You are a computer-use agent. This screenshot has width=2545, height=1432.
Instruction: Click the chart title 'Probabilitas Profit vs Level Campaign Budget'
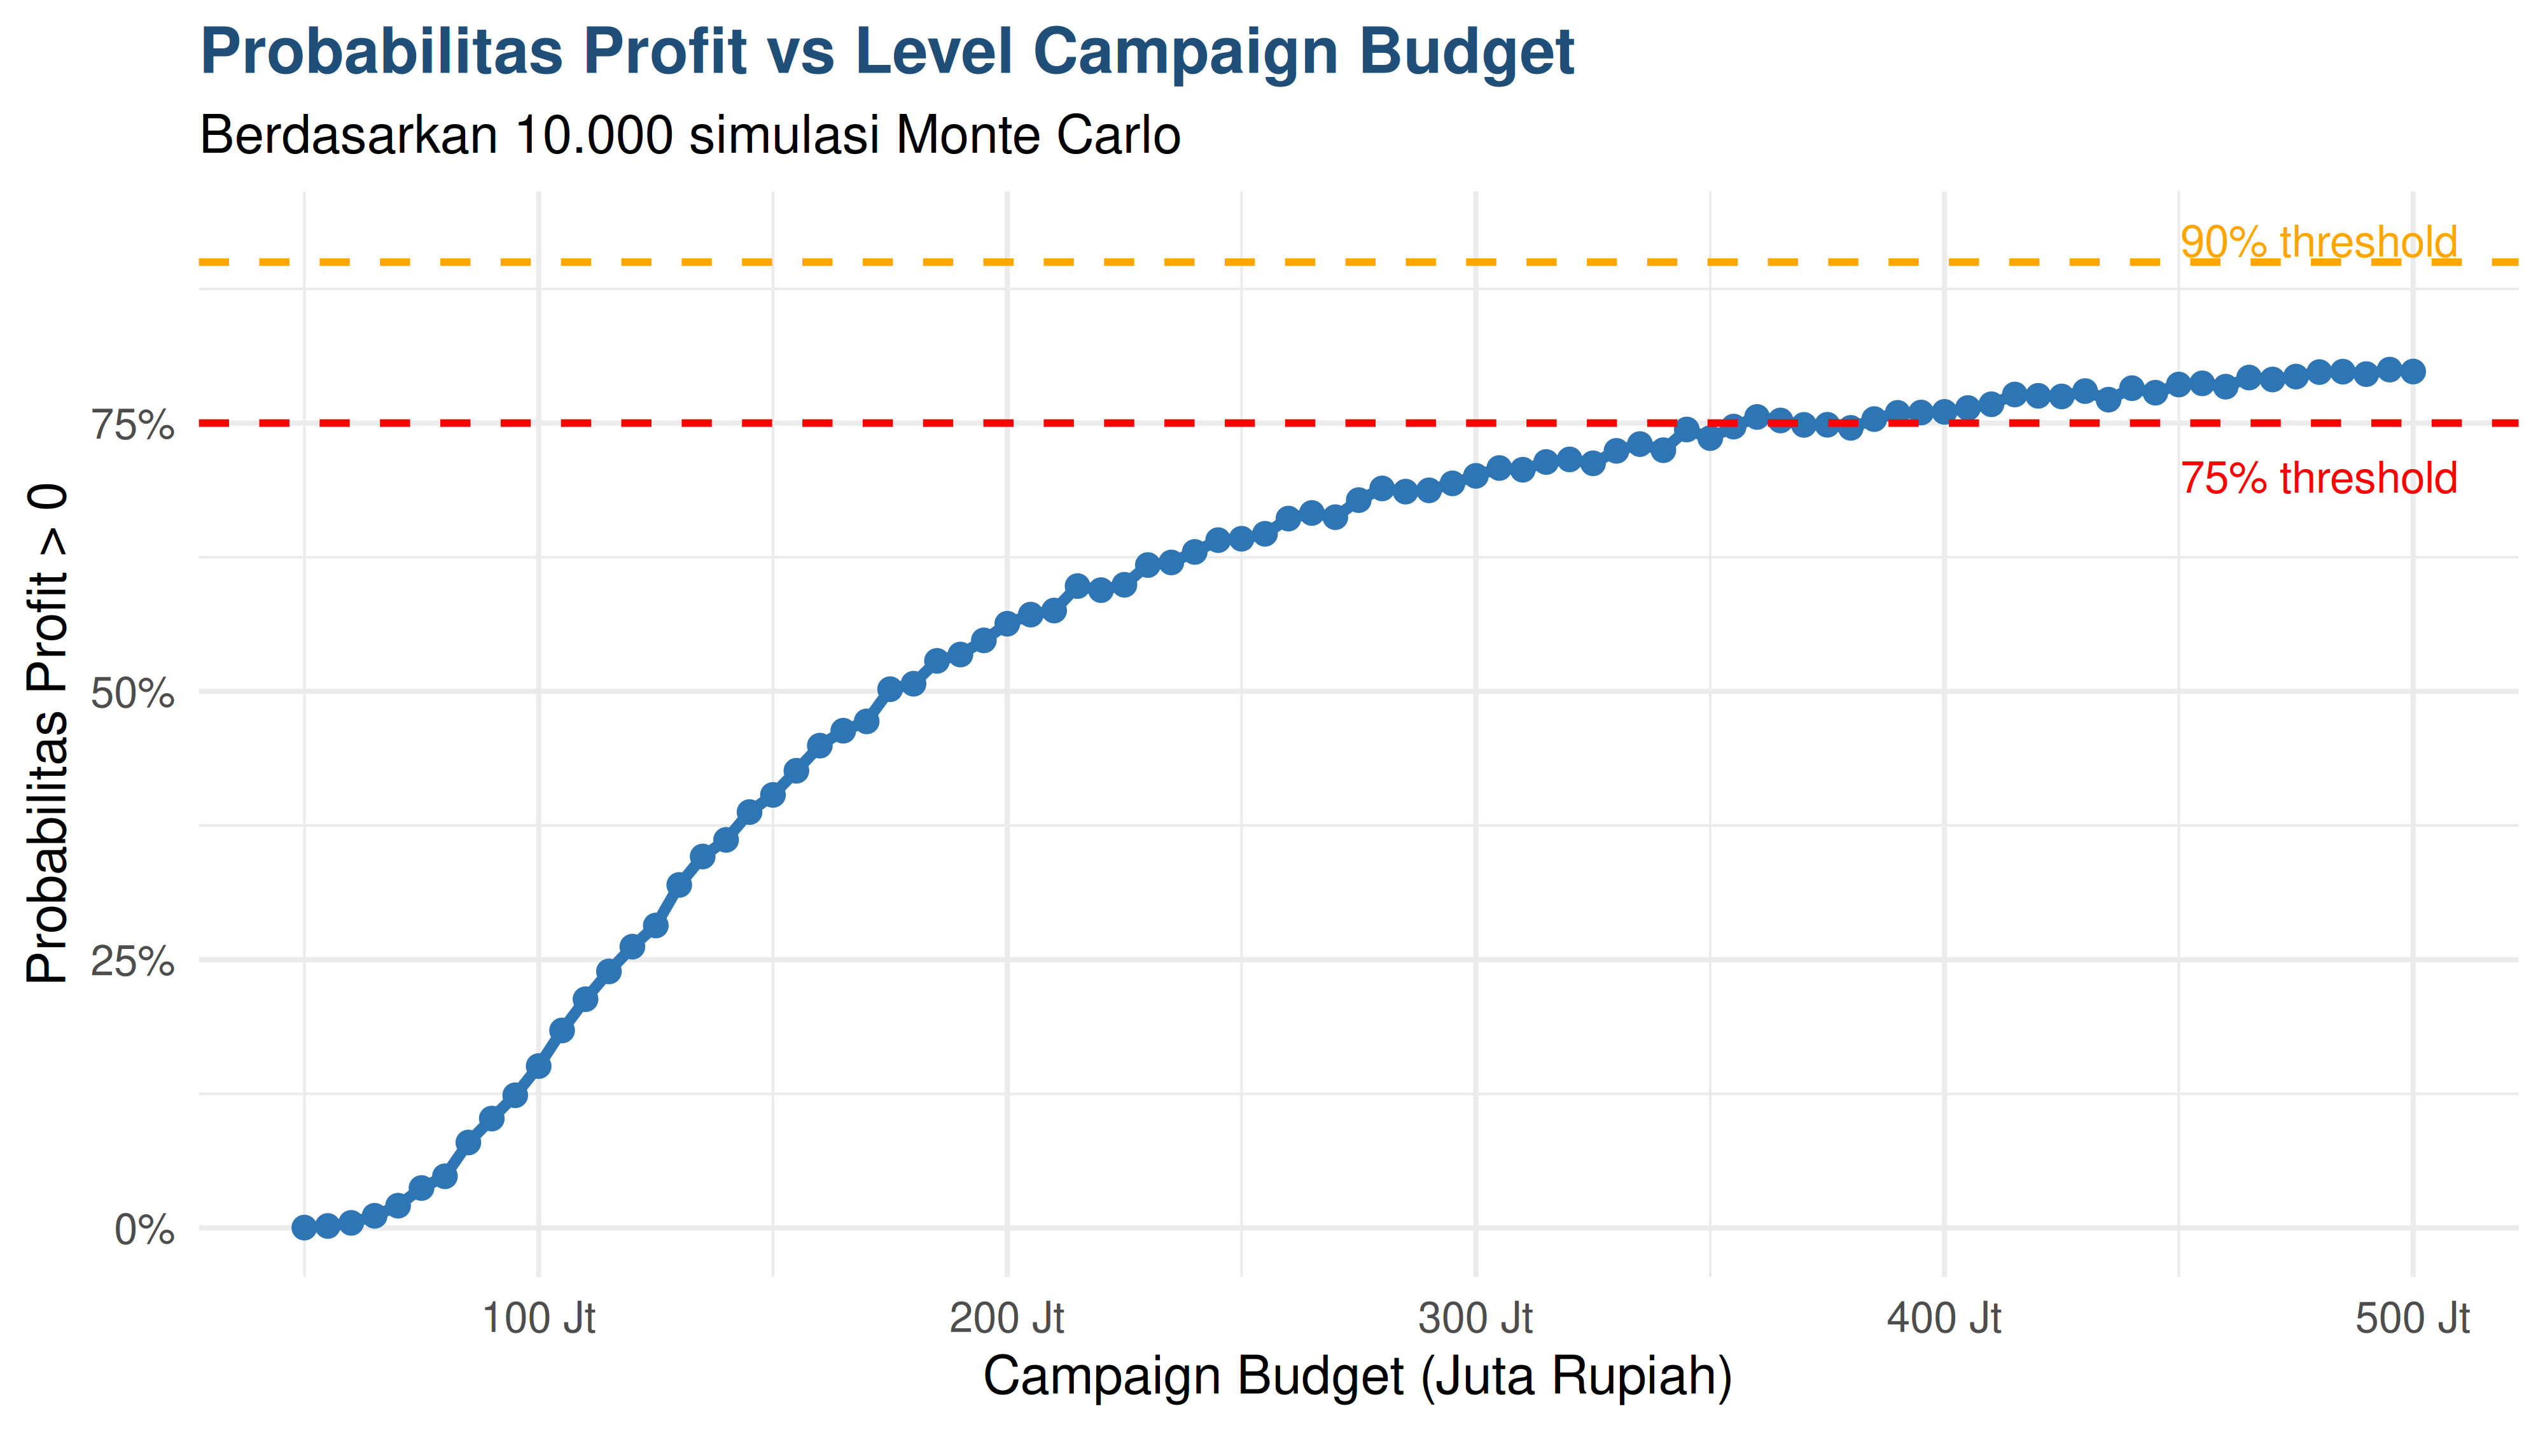tap(886, 52)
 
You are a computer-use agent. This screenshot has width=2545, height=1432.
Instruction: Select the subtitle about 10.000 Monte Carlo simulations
tap(690, 136)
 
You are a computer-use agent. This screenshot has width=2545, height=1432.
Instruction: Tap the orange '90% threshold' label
tap(2318, 241)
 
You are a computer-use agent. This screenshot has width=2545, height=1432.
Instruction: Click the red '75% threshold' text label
tap(2318, 479)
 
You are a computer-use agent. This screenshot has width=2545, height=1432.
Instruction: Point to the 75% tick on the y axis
tap(132, 425)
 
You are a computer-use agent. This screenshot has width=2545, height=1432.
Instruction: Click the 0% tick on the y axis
tap(144, 1230)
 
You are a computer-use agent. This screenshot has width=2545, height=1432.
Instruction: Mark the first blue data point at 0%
tap(304, 1228)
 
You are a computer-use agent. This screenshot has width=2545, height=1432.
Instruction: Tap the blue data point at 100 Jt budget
tap(538, 1066)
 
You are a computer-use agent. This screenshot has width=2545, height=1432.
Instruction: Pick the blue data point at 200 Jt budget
tap(1007, 624)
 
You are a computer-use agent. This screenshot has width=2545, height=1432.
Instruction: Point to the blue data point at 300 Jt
tap(1475, 475)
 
